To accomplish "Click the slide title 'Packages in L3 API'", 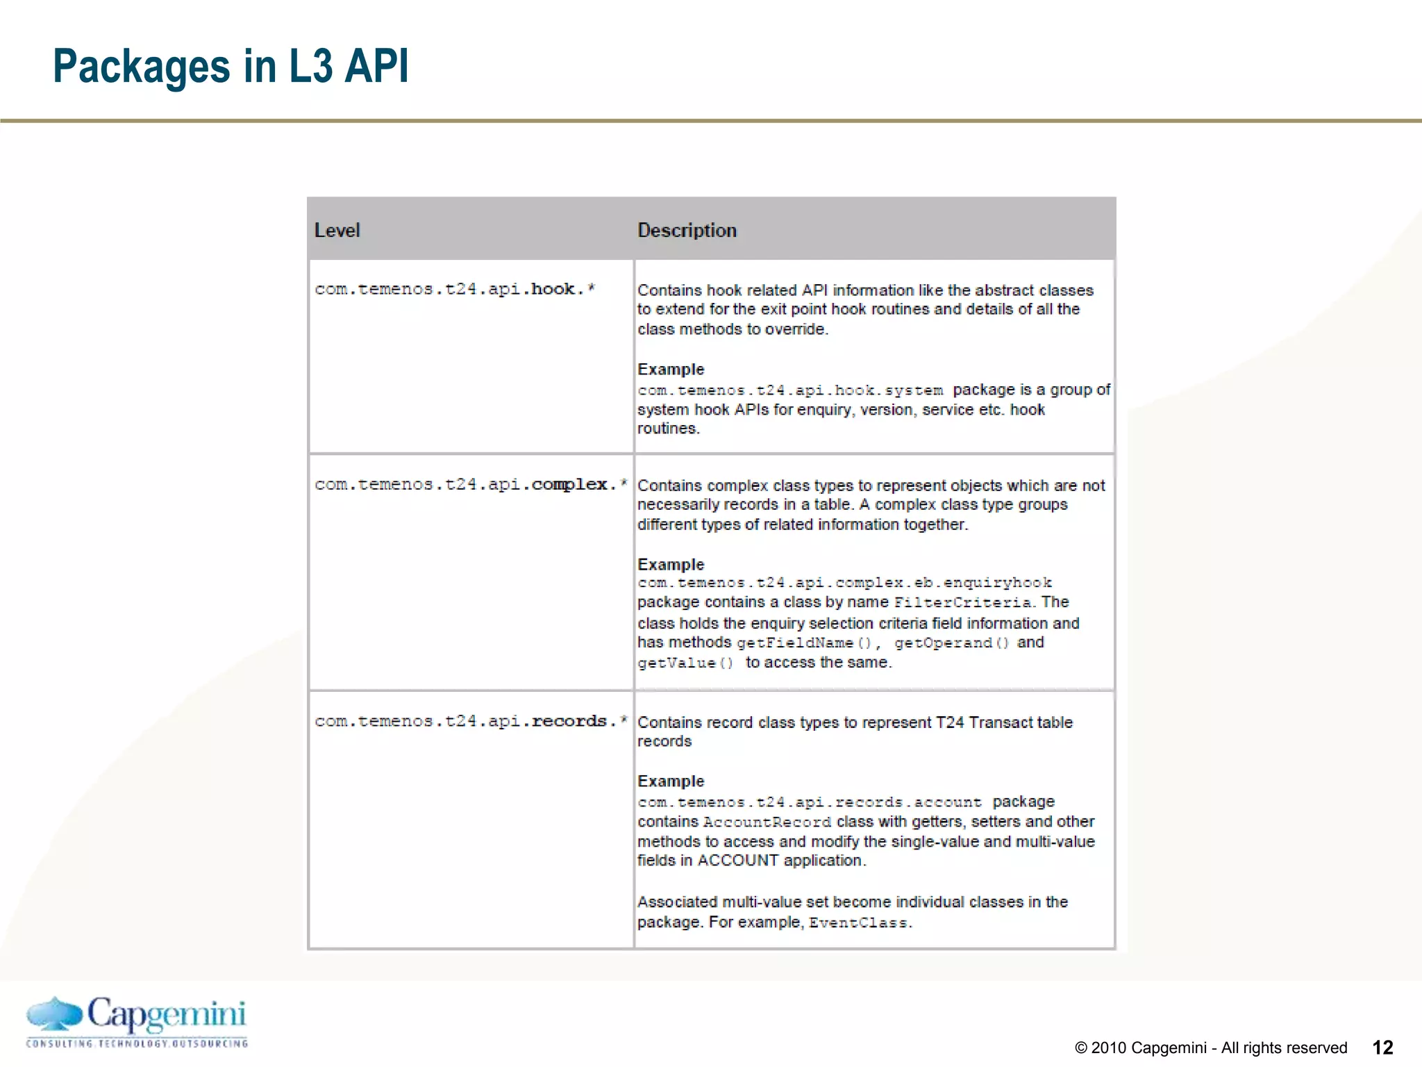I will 231,67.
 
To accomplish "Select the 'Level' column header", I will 337,231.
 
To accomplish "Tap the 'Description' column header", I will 687,231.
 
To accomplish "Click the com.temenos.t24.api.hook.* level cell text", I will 454,289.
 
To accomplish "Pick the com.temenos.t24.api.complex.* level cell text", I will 470,484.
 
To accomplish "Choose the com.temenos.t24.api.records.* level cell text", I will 470,721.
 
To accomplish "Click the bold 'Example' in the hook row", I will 671,370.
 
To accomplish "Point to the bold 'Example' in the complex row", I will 671,565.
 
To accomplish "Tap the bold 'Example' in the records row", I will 671,781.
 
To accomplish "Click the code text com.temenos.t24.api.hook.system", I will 790,390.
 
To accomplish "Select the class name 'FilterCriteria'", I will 963,603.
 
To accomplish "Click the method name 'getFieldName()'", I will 803,643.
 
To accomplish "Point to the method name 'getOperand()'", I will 951,643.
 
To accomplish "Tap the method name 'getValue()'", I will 685,663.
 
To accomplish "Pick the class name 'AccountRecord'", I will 767,822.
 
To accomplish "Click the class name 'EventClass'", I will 858,923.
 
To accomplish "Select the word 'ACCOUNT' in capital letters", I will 737,861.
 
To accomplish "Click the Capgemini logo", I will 137,1021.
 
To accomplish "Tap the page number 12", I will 1382,1048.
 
